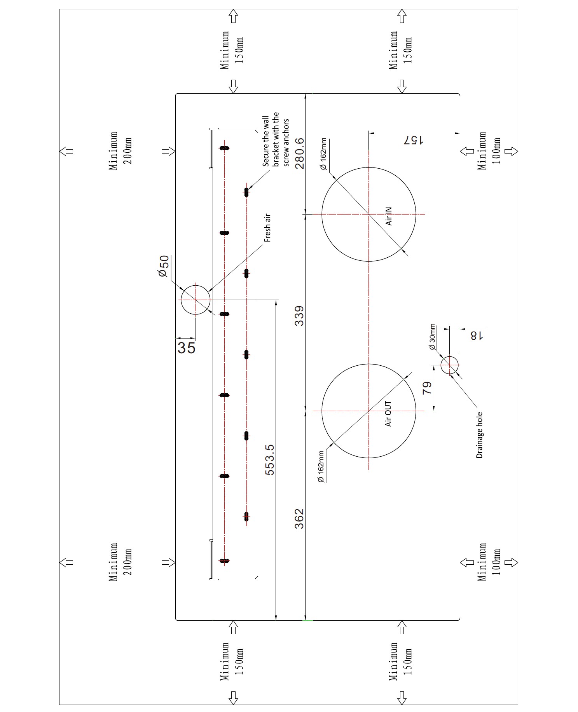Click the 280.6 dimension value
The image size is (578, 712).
pyautogui.click(x=299, y=154)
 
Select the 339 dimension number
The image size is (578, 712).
pyautogui.click(x=299, y=316)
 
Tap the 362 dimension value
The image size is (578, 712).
pyautogui.click(x=299, y=519)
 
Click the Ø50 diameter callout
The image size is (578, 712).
pyautogui.click(x=164, y=266)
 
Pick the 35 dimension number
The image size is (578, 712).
pyautogui.click(x=186, y=347)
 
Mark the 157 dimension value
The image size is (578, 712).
pyautogui.click(x=413, y=140)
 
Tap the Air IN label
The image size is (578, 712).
pyautogui.click(x=388, y=216)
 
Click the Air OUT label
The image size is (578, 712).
pyautogui.click(x=388, y=414)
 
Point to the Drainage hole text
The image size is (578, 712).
pyautogui.click(x=479, y=435)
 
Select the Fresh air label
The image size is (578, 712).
pyautogui.click(x=267, y=228)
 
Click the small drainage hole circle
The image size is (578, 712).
pyautogui.click(x=450, y=365)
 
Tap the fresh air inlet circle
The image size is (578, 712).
pyautogui.click(x=196, y=300)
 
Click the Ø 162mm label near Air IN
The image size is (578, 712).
pyautogui.click(x=323, y=154)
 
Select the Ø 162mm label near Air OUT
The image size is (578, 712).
pyautogui.click(x=321, y=467)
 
